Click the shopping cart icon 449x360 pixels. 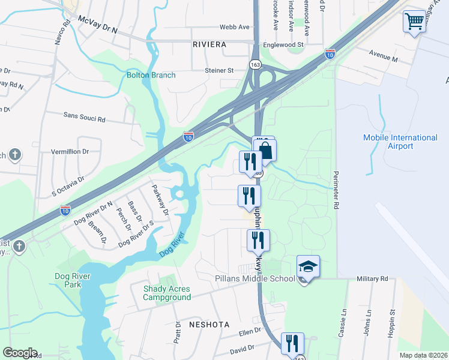coord(414,22)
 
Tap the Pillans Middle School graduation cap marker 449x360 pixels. coord(308,267)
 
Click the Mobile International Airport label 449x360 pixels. coord(400,142)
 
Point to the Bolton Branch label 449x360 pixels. coord(151,75)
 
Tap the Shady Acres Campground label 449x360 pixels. coord(167,293)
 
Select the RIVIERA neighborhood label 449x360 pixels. coord(209,45)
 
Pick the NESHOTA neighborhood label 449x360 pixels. coord(209,324)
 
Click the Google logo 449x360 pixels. coord(20,353)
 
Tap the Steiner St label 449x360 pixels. coord(219,70)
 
